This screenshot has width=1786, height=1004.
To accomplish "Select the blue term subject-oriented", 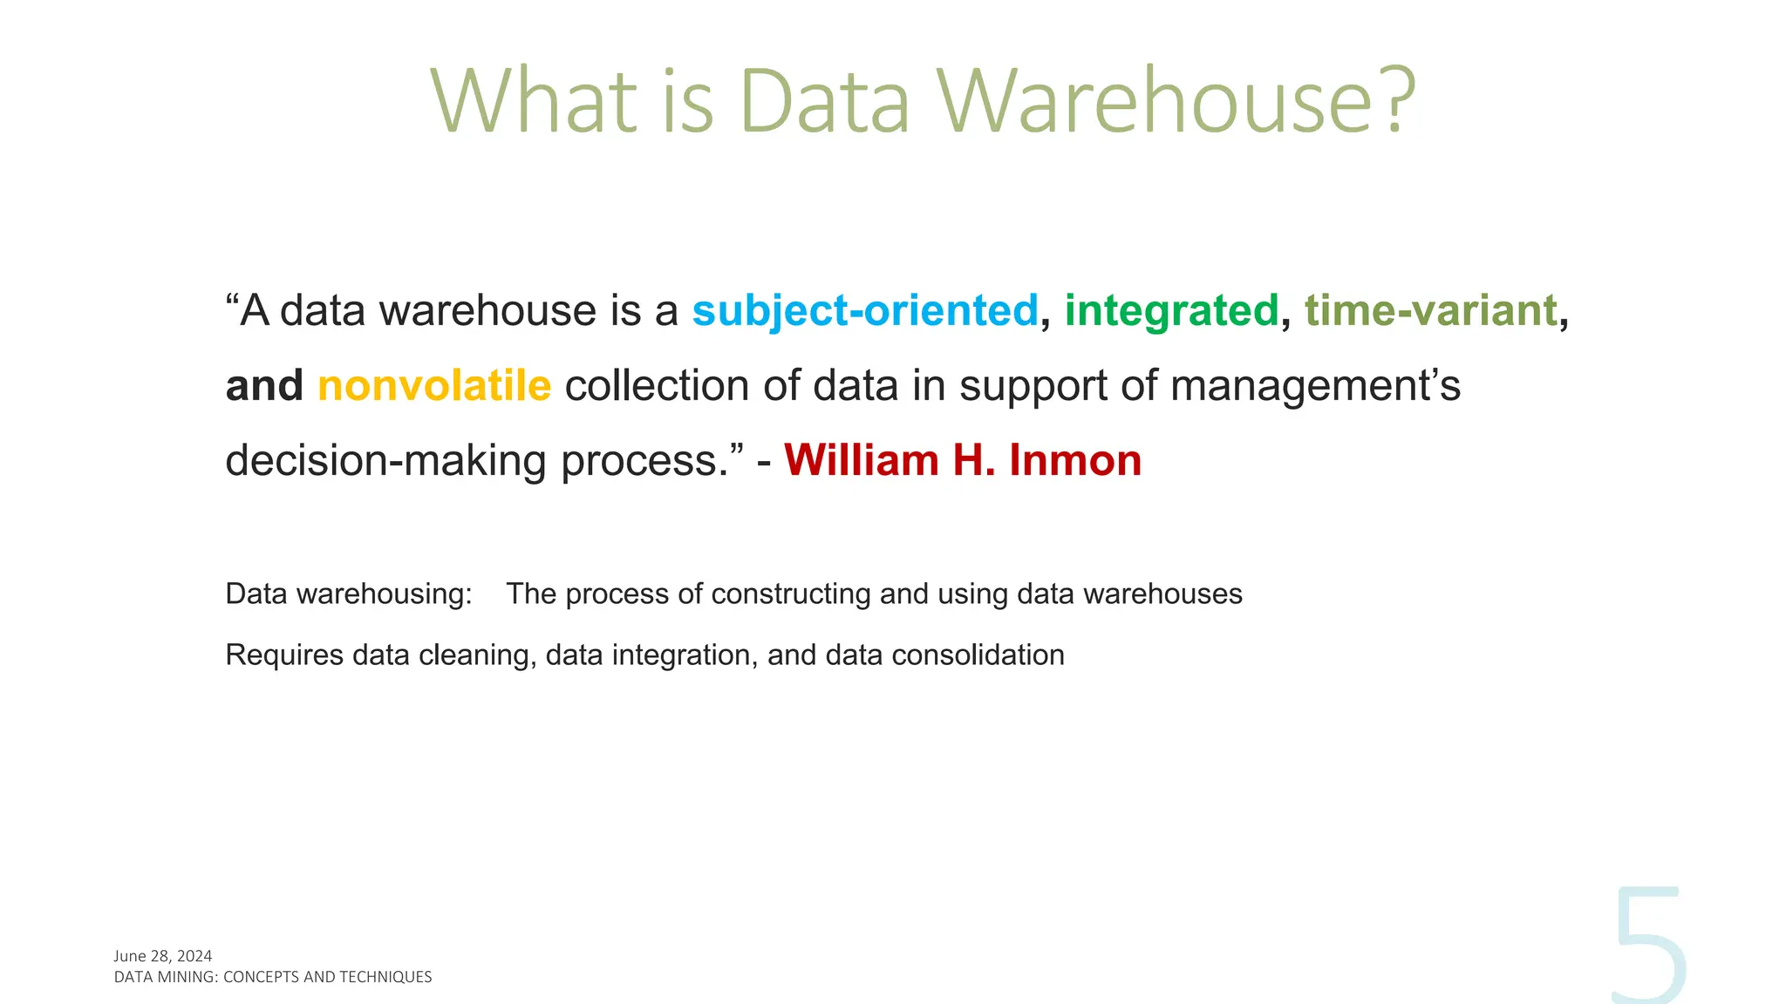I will coord(865,310).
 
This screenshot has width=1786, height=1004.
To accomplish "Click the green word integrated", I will coord(1171,310).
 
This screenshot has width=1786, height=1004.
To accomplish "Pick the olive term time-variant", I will coord(1430,310).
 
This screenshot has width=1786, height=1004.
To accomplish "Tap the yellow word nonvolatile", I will coord(434,385).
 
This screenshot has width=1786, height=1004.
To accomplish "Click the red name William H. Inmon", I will coord(963,460).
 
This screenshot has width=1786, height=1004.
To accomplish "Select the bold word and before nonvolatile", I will coord(264,385).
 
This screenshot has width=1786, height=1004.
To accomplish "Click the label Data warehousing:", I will coord(349,594).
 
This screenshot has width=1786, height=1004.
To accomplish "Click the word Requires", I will coord(284,655).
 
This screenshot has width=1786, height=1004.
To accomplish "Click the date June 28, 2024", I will coord(163,956).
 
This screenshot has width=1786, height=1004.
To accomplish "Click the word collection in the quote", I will coord(657,385).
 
